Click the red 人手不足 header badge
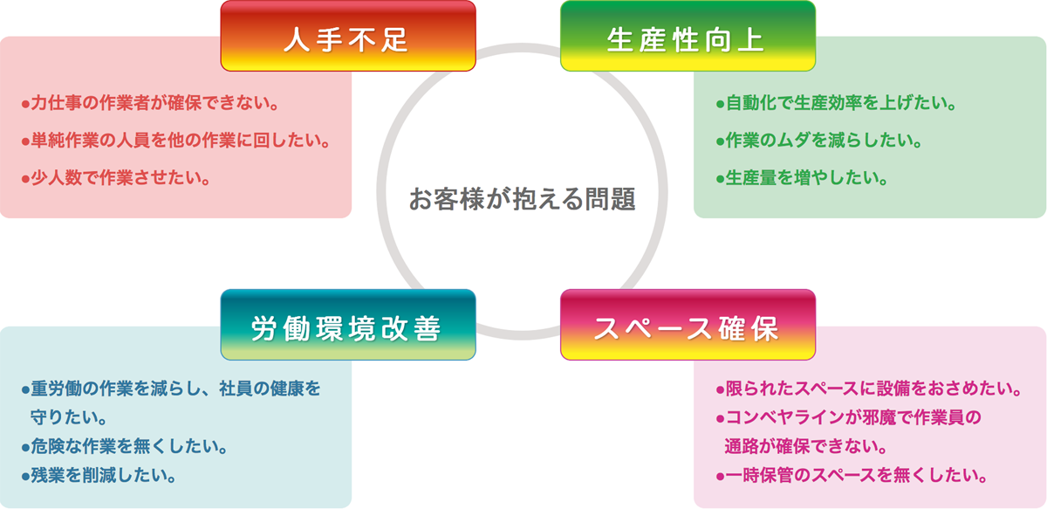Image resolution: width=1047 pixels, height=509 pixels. coord(348,36)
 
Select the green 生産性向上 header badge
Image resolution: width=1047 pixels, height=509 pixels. coord(688,36)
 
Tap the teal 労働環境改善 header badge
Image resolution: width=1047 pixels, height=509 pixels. coord(348,325)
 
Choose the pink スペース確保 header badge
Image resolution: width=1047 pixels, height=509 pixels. coord(688,325)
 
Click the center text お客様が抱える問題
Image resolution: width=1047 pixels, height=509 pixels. coord(522,199)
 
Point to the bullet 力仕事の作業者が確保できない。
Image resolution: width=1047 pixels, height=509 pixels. coord(150,103)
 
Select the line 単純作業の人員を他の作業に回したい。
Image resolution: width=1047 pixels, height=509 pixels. coord(175,141)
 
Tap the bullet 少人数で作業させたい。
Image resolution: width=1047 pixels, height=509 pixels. coord(116,178)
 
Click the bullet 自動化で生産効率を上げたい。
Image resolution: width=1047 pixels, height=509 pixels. coord(836,103)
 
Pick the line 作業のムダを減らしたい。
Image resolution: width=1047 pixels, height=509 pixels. coord(818,141)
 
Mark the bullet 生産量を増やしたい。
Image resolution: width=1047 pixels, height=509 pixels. coord(802,178)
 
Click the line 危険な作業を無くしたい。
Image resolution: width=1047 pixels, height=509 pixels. coord(124,446)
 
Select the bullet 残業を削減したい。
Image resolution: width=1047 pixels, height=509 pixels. coord(99,476)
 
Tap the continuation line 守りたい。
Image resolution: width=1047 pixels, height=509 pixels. coord(69,416)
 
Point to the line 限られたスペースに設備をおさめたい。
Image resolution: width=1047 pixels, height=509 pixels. coord(868,389)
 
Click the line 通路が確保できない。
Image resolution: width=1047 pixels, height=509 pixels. coord(806,446)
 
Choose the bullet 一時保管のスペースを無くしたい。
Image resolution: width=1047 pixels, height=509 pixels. coord(852,476)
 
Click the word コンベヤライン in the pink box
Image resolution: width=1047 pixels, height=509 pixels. coord(785,416)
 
